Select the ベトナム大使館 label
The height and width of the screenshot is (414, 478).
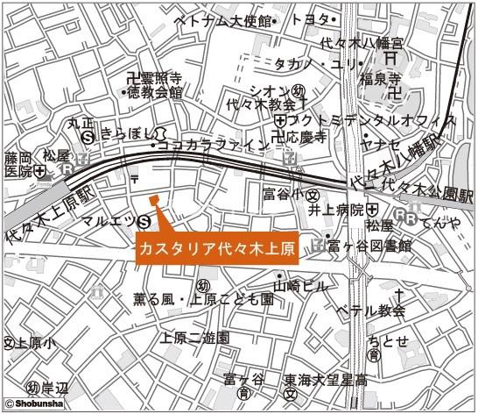[223, 19]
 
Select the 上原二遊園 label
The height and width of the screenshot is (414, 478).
[194, 337]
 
